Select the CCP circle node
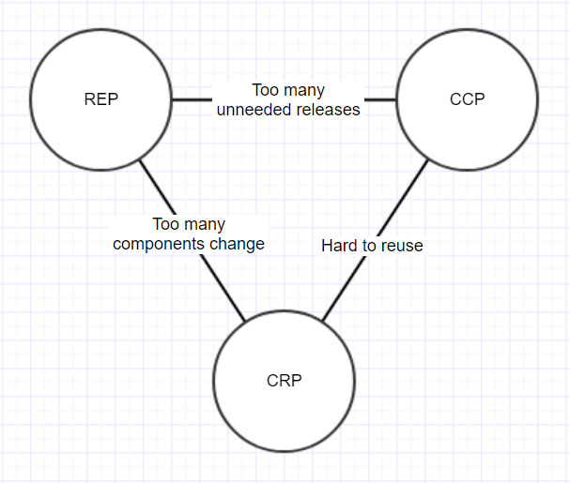click(x=467, y=98)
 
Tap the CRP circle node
click(x=285, y=381)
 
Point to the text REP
click(x=100, y=99)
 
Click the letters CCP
click(x=467, y=98)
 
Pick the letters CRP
click(x=285, y=381)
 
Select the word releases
click(x=329, y=110)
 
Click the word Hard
click(x=338, y=246)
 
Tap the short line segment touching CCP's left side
click(x=380, y=98)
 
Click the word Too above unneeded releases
click(x=266, y=91)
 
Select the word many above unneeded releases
click(x=304, y=91)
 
